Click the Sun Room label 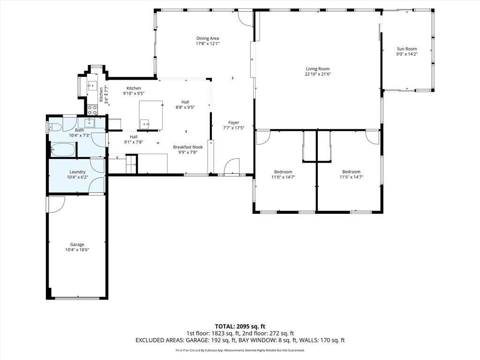click(x=406, y=49)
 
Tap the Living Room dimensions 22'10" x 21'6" click(x=317, y=74)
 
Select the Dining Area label click(x=207, y=38)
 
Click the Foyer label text click(x=233, y=123)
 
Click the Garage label click(x=77, y=244)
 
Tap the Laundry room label click(x=77, y=172)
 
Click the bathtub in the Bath click(x=63, y=150)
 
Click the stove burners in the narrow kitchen click(x=92, y=110)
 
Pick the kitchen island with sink click(x=150, y=115)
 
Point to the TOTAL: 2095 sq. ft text click(x=240, y=326)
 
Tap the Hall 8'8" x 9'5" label click(x=185, y=105)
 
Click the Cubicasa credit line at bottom click(x=240, y=350)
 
